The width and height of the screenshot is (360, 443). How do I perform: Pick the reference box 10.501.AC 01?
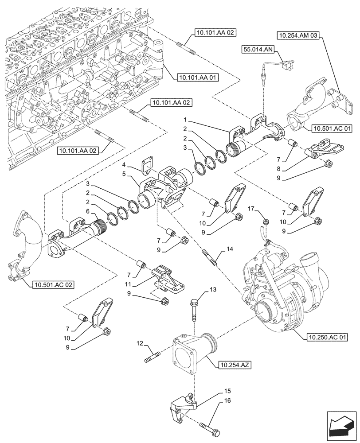point(332,129)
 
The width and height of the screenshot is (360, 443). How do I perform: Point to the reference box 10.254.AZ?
point(235,365)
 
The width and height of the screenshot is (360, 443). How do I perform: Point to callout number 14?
point(229,250)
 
